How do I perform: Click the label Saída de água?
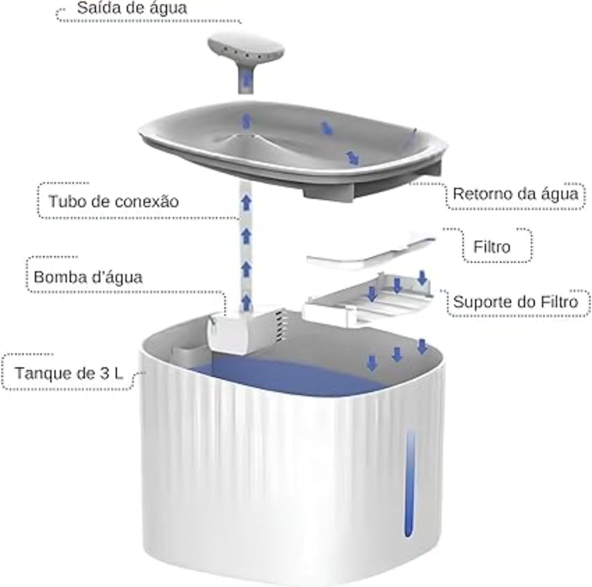click(x=132, y=8)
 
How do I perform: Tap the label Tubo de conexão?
click(x=114, y=202)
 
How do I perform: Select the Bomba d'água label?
click(x=88, y=277)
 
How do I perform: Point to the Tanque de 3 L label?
click(x=69, y=373)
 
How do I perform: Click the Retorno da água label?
click(x=516, y=194)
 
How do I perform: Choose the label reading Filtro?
click(x=492, y=247)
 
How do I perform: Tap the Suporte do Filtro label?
click(x=516, y=302)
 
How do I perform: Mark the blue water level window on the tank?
click(x=410, y=484)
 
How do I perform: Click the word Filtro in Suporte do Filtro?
click(x=560, y=302)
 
